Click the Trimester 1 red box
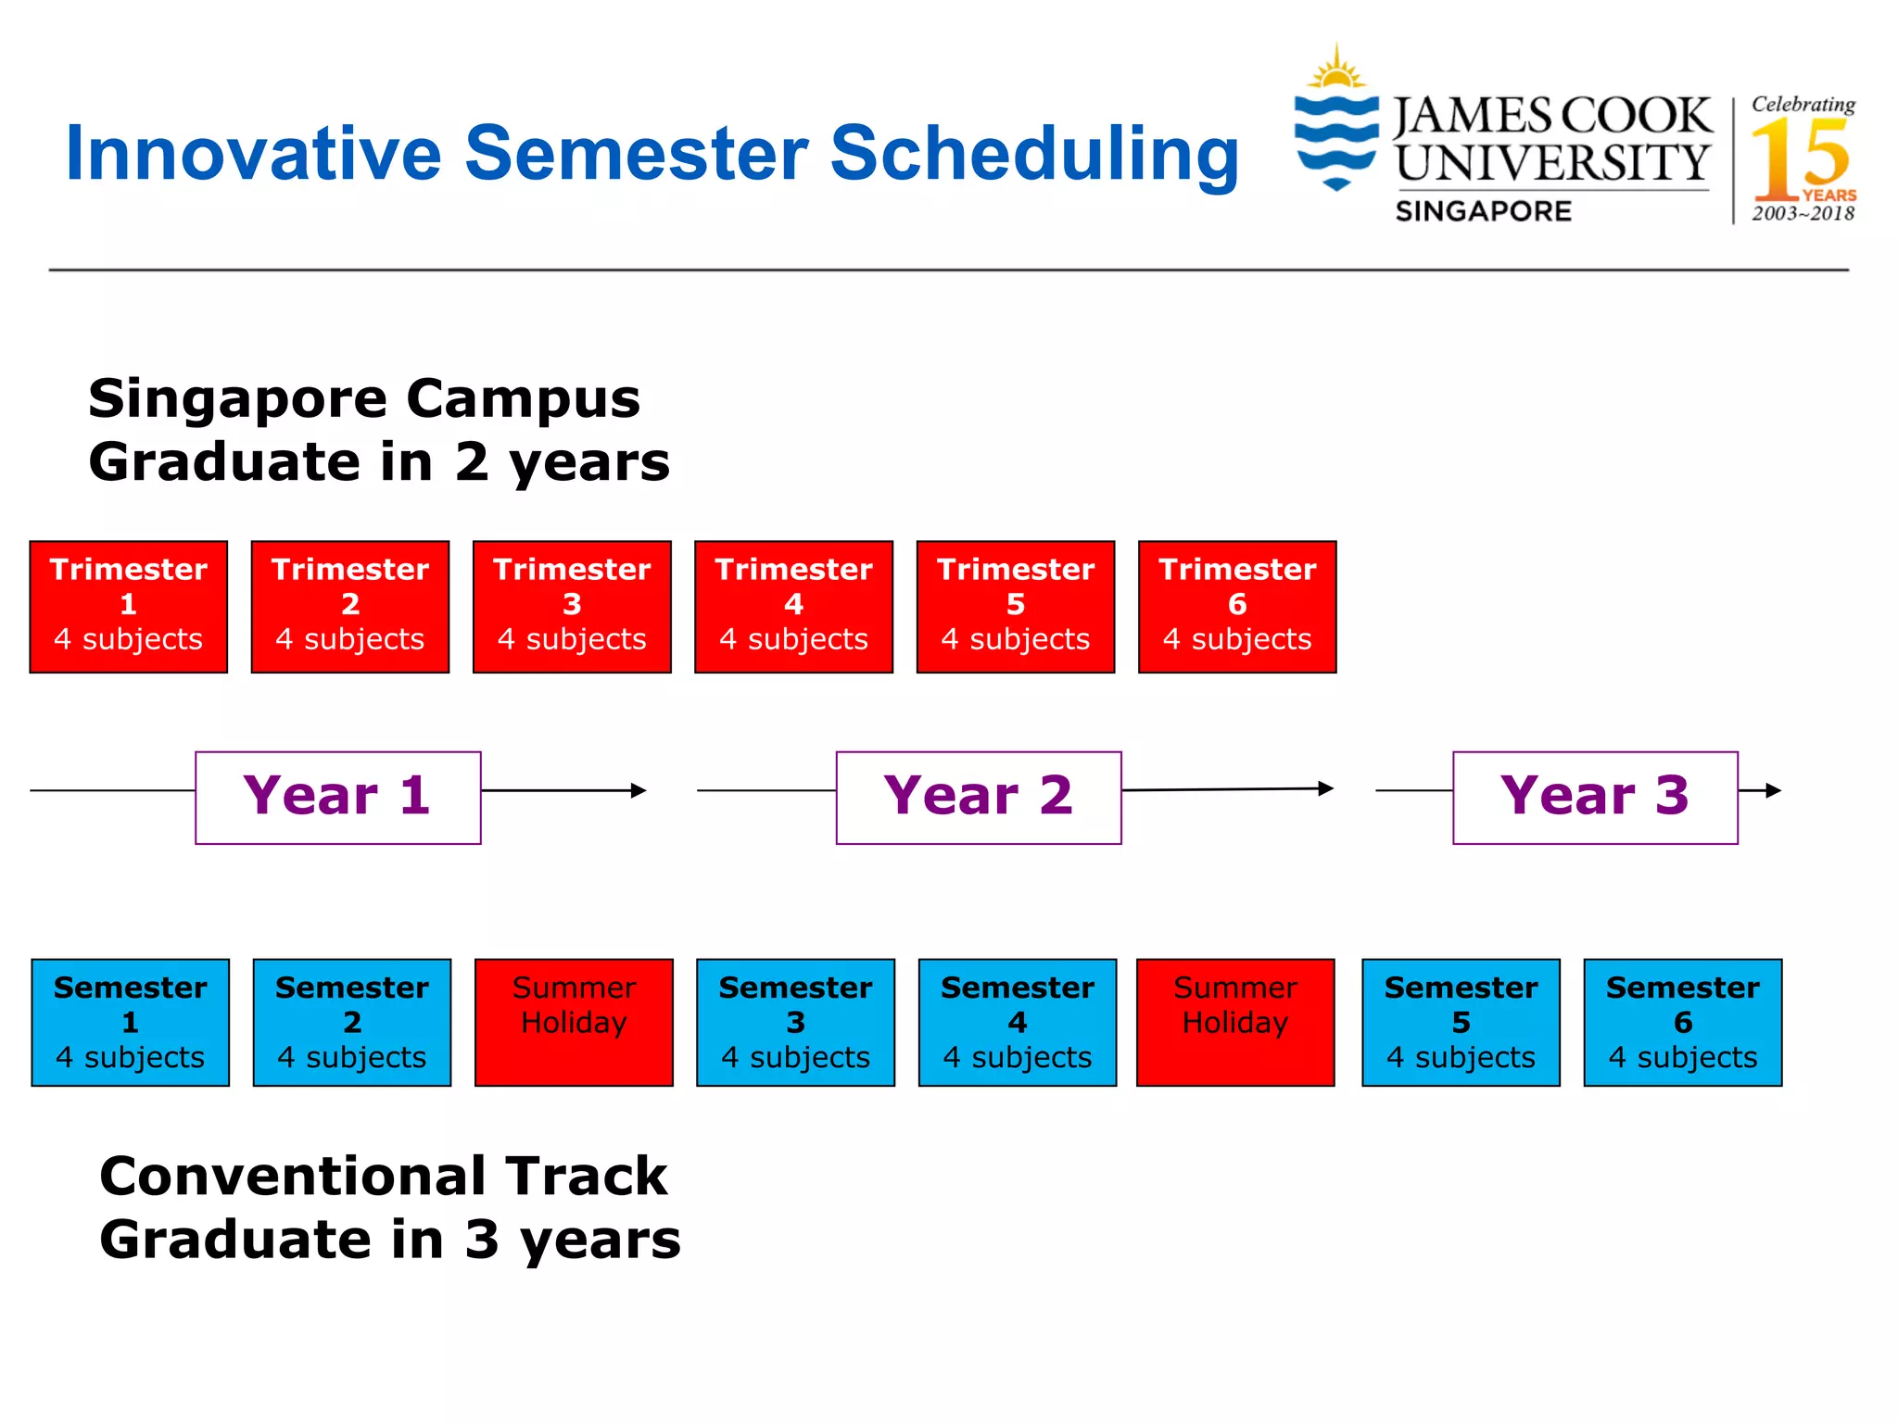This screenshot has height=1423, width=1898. tap(128, 607)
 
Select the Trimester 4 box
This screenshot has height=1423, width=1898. tap(793, 607)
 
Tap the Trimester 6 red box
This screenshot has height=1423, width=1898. tap(1237, 607)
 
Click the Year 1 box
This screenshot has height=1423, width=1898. tap(337, 797)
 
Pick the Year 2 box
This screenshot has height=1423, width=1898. tap(979, 797)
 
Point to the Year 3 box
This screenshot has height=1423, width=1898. tap(1595, 797)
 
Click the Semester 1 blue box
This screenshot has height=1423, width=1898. tap(130, 1022)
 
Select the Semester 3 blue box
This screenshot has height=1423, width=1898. tap(795, 1022)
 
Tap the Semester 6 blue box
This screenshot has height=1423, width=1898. tap(1682, 1022)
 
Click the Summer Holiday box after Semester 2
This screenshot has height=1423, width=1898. tap(574, 1022)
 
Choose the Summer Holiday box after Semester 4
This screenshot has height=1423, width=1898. tap(1235, 1022)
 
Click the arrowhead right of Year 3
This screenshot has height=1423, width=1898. tap(1773, 790)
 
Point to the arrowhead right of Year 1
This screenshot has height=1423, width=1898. tap(639, 790)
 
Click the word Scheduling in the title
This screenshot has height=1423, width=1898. tap(1033, 154)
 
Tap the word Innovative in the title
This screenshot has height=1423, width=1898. tap(253, 154)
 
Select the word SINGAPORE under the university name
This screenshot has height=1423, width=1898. tap(1483, 211)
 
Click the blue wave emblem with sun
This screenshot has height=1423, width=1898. tap(1335, 120)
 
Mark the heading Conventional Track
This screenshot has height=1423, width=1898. tap(383, 1177)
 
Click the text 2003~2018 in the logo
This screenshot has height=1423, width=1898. tap(1803, 214)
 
